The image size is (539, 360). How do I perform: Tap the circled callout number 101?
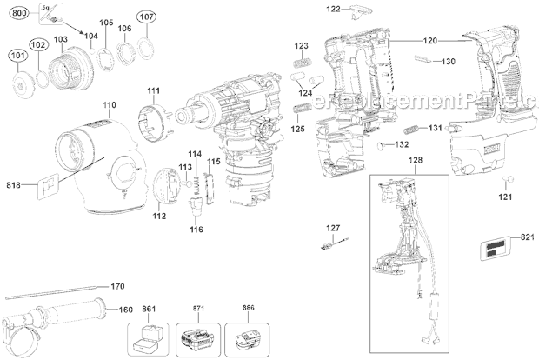(16, 59)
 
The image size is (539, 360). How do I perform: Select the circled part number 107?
(146, 17)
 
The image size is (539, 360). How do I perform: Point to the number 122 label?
(334, 9)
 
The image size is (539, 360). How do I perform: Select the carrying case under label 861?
(149, 335)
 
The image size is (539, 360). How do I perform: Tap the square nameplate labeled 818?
(48, 185)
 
